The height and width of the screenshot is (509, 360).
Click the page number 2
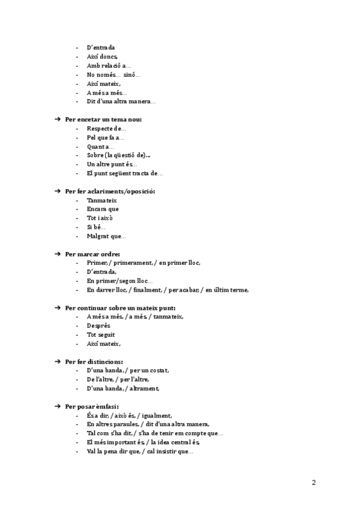click(314, 483)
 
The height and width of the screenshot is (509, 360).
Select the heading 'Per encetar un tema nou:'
click(103, 119)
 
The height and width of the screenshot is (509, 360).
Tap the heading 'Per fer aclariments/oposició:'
click(110, 191)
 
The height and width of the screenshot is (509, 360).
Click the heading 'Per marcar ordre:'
click(92, 254)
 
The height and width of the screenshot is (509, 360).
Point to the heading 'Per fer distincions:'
click(94, 361)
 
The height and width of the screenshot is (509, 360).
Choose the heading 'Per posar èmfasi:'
click(92, 406)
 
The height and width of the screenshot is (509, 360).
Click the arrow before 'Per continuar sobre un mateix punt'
click(58, 308)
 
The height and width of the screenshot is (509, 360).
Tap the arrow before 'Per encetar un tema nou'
click(58, 119)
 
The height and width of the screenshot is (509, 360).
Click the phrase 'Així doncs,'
click(103, 56)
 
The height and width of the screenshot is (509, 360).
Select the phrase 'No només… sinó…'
click(113, 74)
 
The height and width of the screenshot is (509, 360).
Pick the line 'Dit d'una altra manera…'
click(121, 101)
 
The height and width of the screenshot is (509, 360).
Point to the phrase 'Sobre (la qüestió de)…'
click(118, 155)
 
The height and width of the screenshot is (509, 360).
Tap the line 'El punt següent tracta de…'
click(124, 173)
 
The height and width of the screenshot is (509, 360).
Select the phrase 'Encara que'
click(103, 209)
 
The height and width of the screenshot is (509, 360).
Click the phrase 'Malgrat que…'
click(106, 236)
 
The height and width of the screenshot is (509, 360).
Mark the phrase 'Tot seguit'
click(101, 334)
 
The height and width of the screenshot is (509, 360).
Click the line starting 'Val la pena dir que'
click(139, 451)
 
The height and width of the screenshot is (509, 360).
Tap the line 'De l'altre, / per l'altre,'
click(118, 379)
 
